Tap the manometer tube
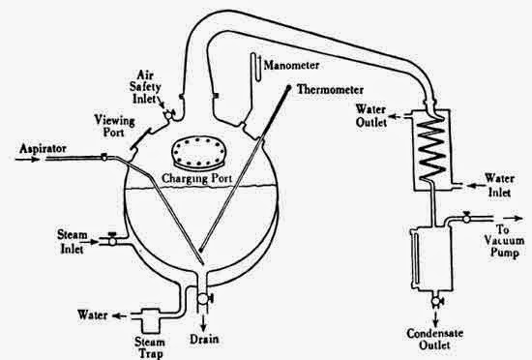249,69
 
